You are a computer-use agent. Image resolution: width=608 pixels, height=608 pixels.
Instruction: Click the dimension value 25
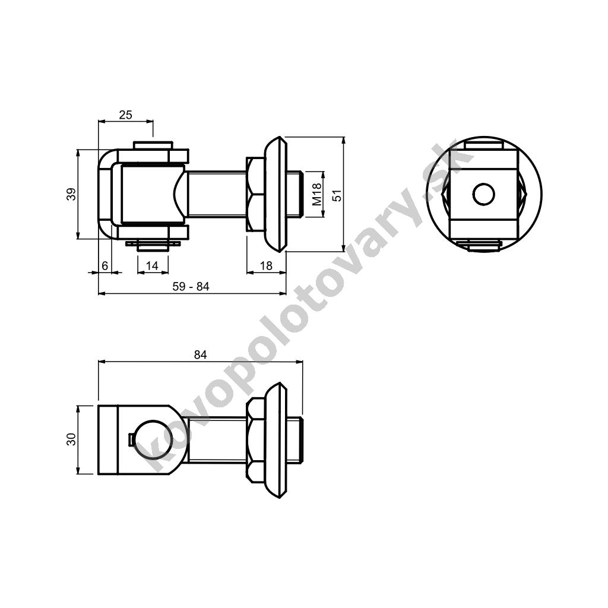point(125,115)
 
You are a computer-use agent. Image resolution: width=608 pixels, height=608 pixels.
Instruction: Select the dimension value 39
point(71,194)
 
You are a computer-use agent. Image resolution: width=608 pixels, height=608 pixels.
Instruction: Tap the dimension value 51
point(337,195)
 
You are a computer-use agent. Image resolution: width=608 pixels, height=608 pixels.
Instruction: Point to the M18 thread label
point(317,194)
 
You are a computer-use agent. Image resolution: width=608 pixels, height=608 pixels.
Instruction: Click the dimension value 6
point(104,265)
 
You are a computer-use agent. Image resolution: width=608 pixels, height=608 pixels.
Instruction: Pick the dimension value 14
point(152,265)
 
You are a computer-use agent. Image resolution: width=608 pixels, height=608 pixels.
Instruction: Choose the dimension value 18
point(266,265)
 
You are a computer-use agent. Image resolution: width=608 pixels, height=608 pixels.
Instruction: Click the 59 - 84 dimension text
point(191,287)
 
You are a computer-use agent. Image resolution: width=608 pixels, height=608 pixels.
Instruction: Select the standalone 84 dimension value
point(201,354)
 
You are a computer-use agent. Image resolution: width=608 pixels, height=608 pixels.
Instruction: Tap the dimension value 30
point(71,439)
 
